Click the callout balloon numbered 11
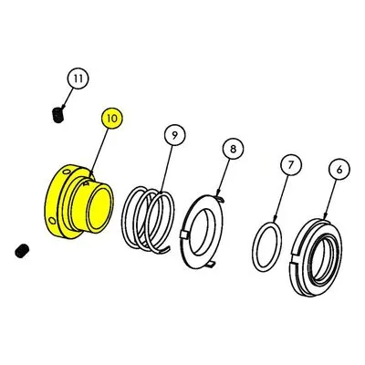78,78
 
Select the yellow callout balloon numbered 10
112,118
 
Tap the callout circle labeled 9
174,135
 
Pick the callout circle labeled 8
233,149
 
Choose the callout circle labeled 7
291,165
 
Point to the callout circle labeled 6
339,169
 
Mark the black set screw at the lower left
22,251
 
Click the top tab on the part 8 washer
222,199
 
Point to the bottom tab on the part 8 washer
210,265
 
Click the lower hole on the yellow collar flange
53,220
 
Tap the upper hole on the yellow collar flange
67,172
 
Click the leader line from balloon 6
329,199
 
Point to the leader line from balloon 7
281,198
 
